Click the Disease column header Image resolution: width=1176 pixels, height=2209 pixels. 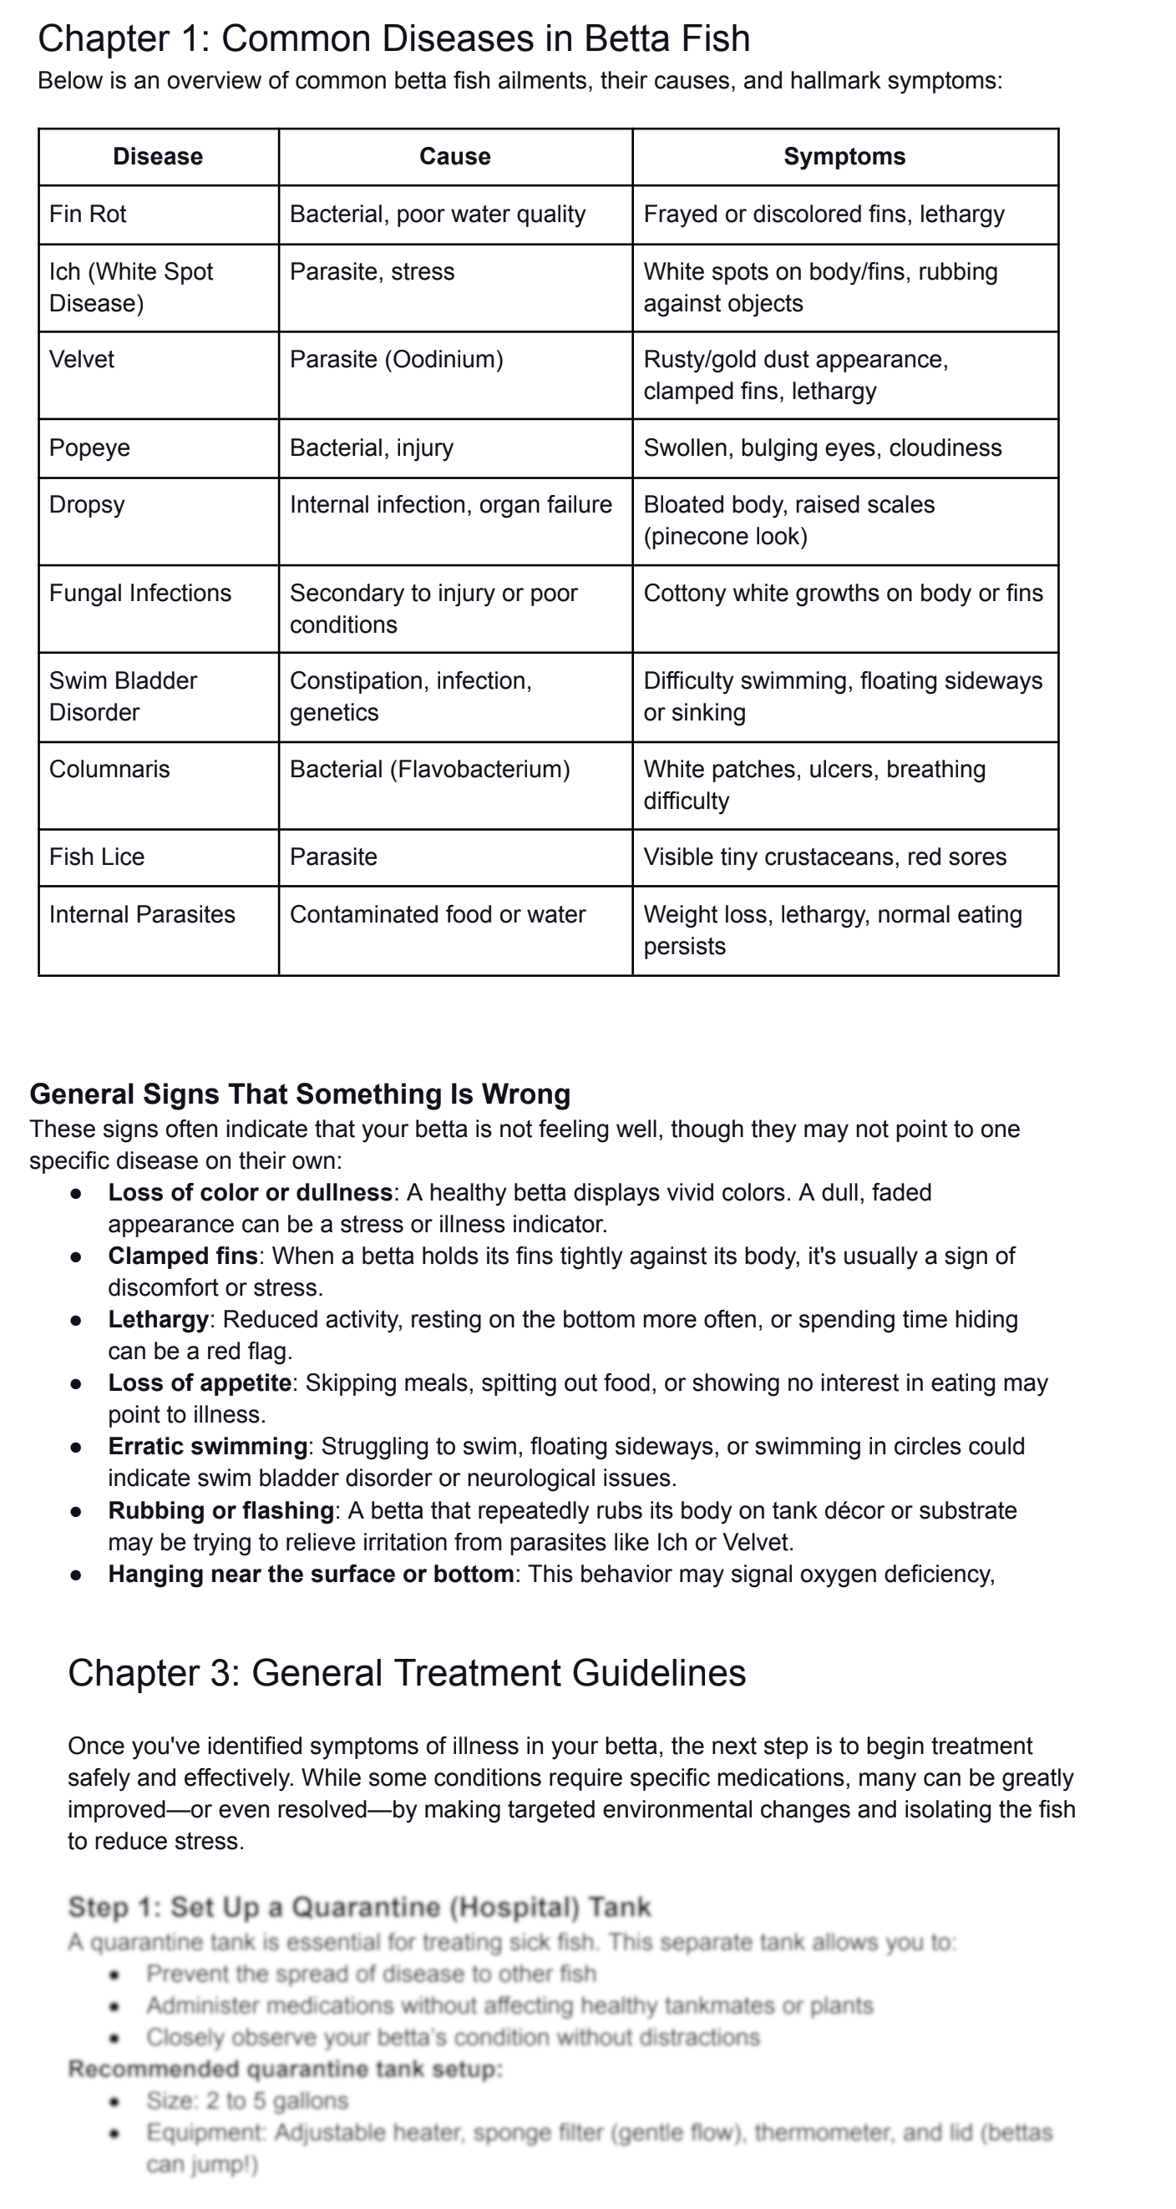158,157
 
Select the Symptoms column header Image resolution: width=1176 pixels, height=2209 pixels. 844,157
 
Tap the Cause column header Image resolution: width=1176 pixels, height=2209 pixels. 454,157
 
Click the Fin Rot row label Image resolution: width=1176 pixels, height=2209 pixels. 88,215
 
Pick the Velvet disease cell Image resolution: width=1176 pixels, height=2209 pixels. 82,359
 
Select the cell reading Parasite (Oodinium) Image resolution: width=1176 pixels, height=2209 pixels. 396,359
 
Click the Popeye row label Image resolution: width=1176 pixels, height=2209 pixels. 89,447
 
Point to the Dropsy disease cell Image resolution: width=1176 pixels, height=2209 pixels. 87,504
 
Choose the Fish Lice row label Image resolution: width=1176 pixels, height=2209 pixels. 97,857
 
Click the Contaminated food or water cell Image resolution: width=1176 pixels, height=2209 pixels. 438,914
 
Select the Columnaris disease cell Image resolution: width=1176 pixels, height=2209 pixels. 109,769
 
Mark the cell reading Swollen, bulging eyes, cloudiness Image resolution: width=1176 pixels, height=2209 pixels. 822,447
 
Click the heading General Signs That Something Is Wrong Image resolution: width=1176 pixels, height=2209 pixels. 300,1094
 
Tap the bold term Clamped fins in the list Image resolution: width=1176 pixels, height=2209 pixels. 183,1256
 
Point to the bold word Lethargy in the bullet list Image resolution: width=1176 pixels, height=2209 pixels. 159,1320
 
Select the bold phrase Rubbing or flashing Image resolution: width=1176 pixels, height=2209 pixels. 221,1510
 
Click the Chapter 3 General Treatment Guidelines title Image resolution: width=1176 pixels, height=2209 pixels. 407,1673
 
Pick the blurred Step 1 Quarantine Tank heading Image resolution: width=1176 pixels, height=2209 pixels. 359,1907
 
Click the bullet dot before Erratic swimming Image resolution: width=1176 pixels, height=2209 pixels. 76,1448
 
